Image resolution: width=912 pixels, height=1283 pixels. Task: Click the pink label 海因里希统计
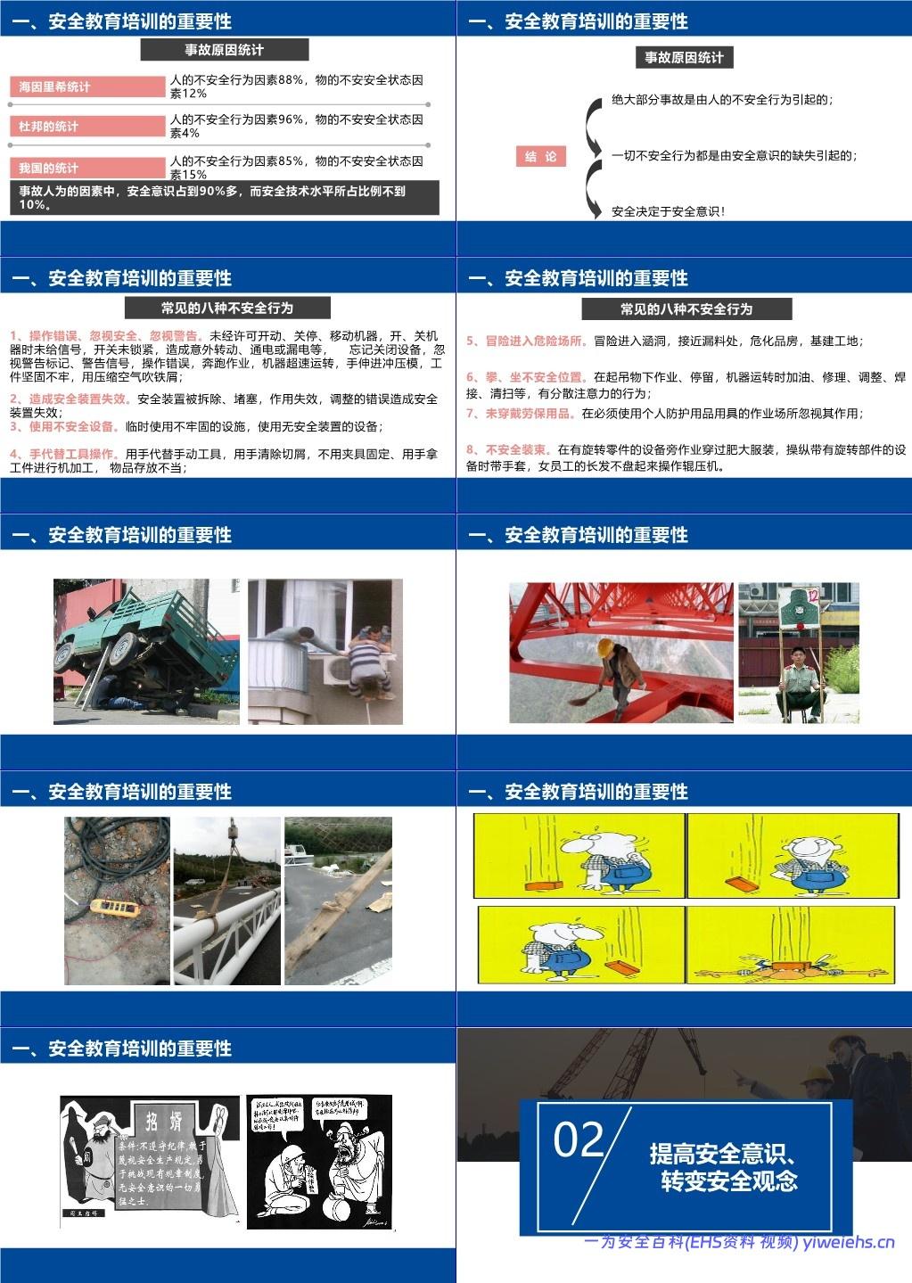(x=87, y=86)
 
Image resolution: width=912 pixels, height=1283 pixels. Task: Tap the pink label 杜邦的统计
(x=87, y=127)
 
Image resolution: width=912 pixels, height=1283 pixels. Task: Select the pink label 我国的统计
(x=87, y=168)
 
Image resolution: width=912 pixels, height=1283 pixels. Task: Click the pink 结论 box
(x=540, y=157)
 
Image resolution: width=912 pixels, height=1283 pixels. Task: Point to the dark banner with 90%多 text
(x=224, y=197)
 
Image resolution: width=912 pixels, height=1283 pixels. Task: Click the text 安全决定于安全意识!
(x=668, y=212)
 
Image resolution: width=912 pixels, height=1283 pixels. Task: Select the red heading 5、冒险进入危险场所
(x=527, y=341)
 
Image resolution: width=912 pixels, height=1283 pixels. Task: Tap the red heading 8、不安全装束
(x=507, y=449)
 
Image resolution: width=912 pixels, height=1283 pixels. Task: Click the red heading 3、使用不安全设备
(x=63, y=426)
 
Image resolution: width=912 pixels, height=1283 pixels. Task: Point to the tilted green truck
(x=143, y=637)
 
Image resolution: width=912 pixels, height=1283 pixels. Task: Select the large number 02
(x=579, y=1140)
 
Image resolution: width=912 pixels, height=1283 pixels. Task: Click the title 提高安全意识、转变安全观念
(x=724, y=1167)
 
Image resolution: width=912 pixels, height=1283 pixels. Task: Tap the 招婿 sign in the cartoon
(x=164, y=1119)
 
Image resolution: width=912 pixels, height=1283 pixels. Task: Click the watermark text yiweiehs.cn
(x=848, y=1242)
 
